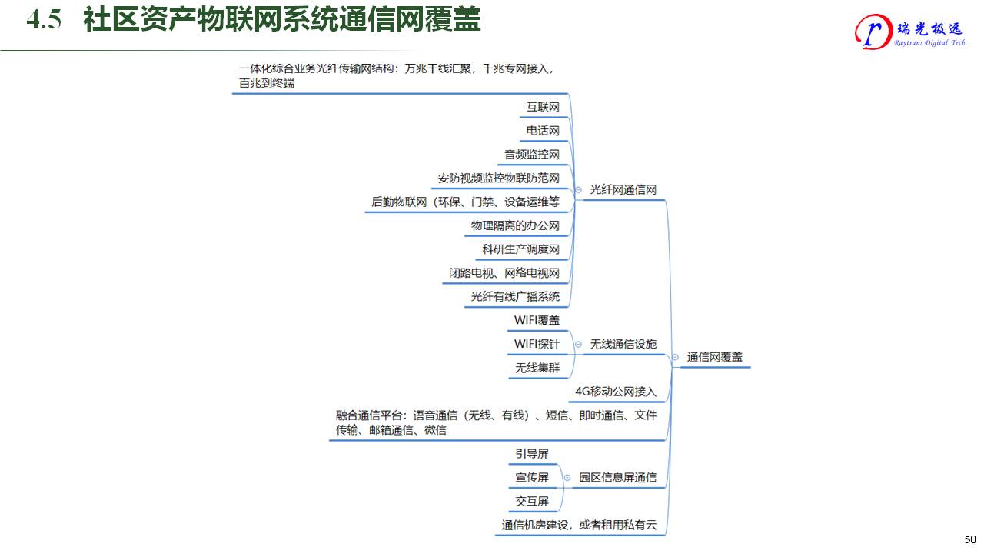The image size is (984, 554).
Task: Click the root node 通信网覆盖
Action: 714,357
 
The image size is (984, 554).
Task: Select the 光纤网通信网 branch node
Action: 623,189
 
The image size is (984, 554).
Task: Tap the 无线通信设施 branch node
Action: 623,344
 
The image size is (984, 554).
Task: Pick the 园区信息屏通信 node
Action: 617,478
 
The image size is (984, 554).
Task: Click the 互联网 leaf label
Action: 543,107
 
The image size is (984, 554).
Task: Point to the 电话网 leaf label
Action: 543,131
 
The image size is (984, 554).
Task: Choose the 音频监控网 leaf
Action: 532,155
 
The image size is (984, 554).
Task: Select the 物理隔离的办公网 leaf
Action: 515,226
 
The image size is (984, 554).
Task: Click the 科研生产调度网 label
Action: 520,249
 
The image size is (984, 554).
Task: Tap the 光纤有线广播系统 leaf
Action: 515,297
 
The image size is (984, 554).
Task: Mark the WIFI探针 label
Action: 537,344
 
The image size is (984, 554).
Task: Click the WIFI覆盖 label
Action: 537,320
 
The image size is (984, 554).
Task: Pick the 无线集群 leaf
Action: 537,368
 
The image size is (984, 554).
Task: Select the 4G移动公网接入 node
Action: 616,392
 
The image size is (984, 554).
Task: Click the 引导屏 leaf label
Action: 532,454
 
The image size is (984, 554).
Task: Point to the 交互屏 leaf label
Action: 532,502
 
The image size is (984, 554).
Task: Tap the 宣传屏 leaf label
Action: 532,478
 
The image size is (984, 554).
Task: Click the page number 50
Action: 970,539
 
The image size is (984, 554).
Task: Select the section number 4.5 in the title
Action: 44,21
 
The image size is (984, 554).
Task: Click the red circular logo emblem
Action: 872,32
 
